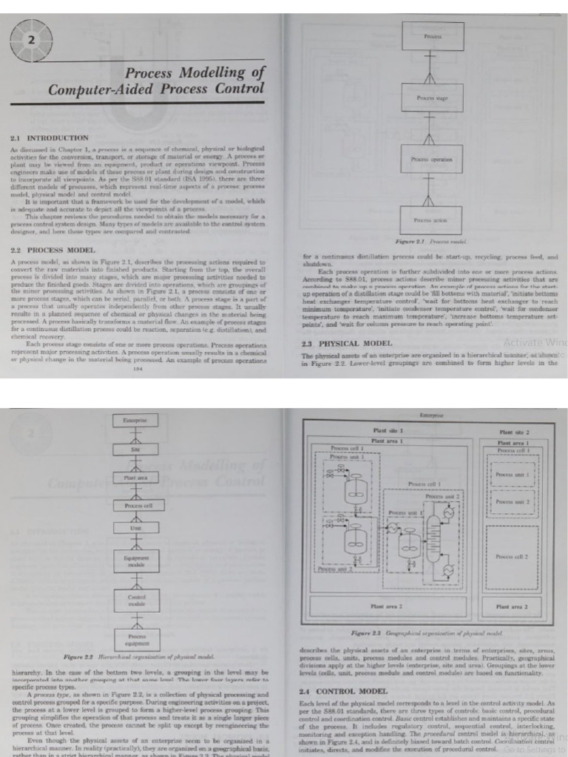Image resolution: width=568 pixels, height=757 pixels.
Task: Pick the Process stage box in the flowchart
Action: click(x=433, y=98)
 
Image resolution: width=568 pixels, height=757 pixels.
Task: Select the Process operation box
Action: click(x=433, y=159)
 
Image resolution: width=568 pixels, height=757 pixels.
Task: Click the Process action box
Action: click(x=433, y=220)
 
